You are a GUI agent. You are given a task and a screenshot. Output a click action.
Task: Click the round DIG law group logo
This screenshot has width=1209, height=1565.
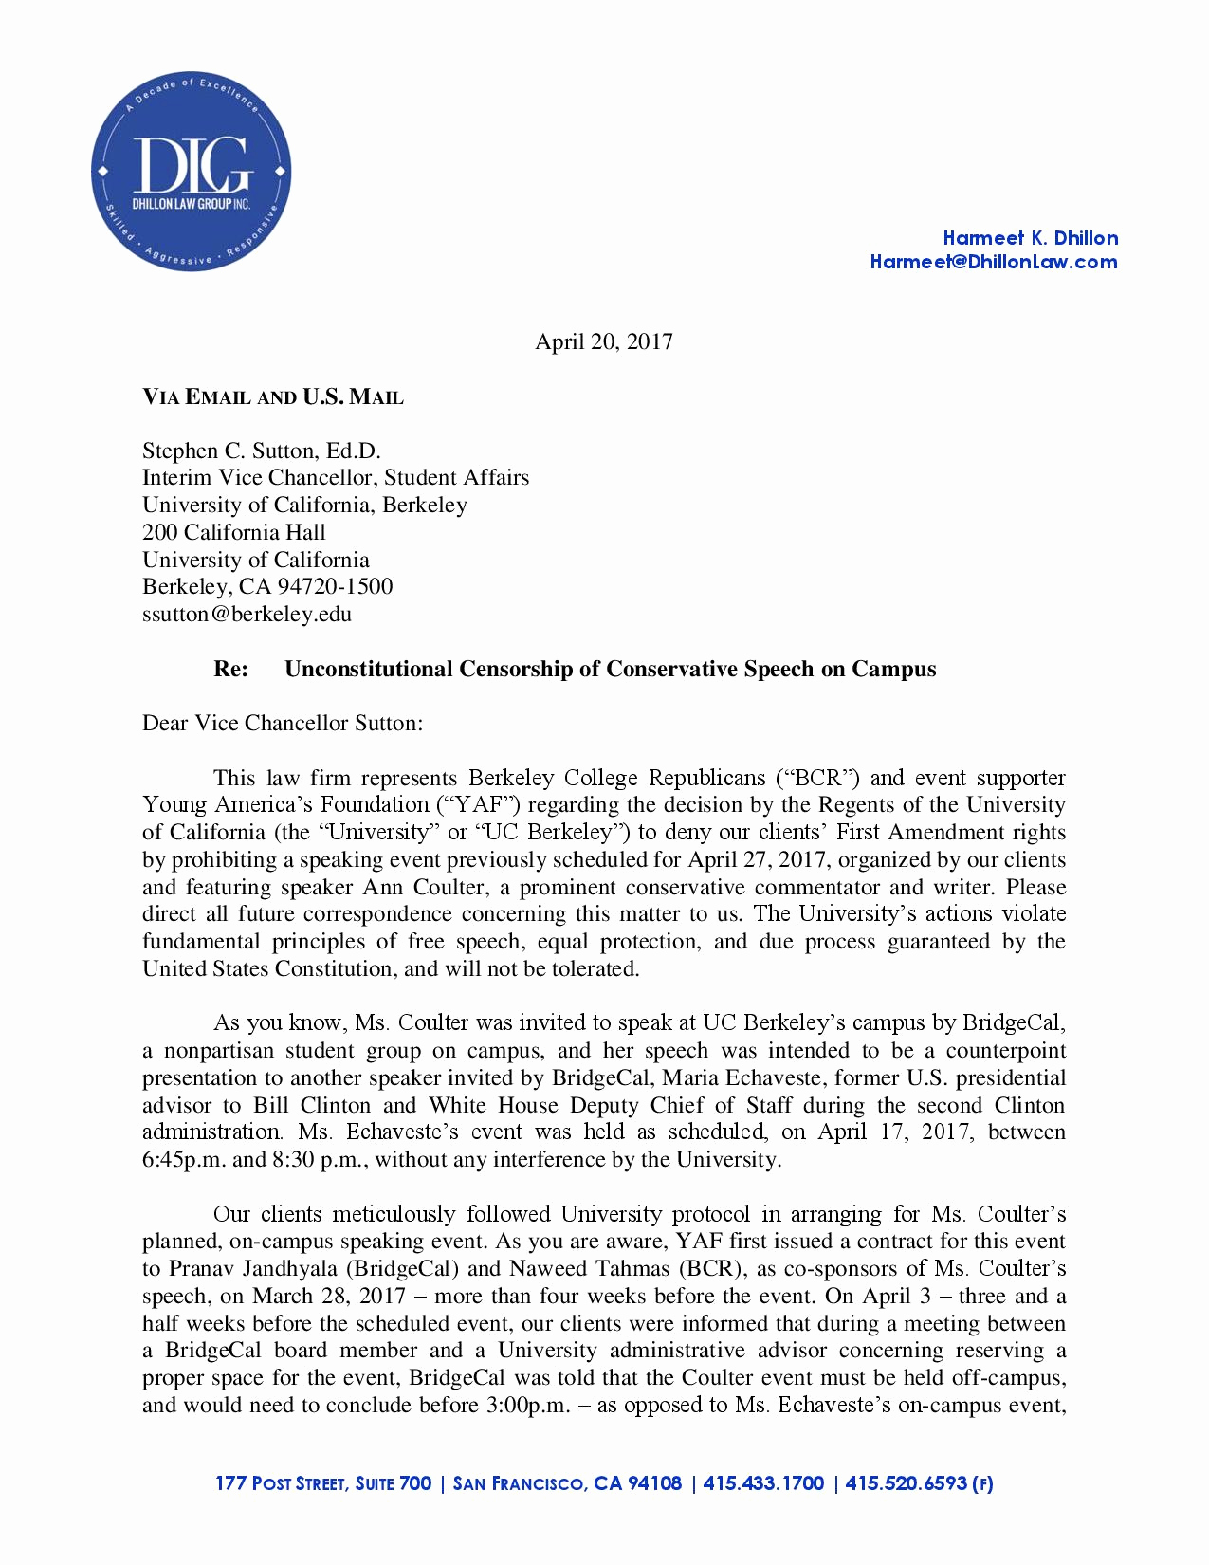click(191, 172)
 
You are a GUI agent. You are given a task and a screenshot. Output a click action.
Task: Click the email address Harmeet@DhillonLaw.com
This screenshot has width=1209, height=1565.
click(993, 263)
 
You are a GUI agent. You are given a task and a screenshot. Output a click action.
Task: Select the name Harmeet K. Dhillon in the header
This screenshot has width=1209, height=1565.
click(1030, 238)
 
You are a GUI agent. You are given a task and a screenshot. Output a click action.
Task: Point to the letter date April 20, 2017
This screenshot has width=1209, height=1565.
click(604, 341)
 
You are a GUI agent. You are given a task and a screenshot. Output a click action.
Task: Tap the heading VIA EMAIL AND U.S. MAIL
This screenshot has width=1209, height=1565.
click(273, 397)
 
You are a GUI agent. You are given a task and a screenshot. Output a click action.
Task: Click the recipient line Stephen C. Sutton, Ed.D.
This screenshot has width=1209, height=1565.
click(261, 451)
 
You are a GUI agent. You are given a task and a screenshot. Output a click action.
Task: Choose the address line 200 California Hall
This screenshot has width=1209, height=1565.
click(233, 532)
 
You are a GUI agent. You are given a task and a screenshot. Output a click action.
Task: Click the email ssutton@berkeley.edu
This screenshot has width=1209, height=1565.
click(247, 614)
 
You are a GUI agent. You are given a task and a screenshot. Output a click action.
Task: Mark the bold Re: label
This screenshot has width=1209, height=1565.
click(231, 669)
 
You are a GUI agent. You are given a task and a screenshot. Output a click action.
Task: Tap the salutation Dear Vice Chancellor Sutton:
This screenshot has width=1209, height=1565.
click(283, 723)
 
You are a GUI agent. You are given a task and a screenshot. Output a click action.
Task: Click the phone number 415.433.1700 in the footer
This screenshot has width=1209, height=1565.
click(763, 1483)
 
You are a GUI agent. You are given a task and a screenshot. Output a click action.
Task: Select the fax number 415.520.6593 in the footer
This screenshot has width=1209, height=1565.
click(906, 1483)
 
